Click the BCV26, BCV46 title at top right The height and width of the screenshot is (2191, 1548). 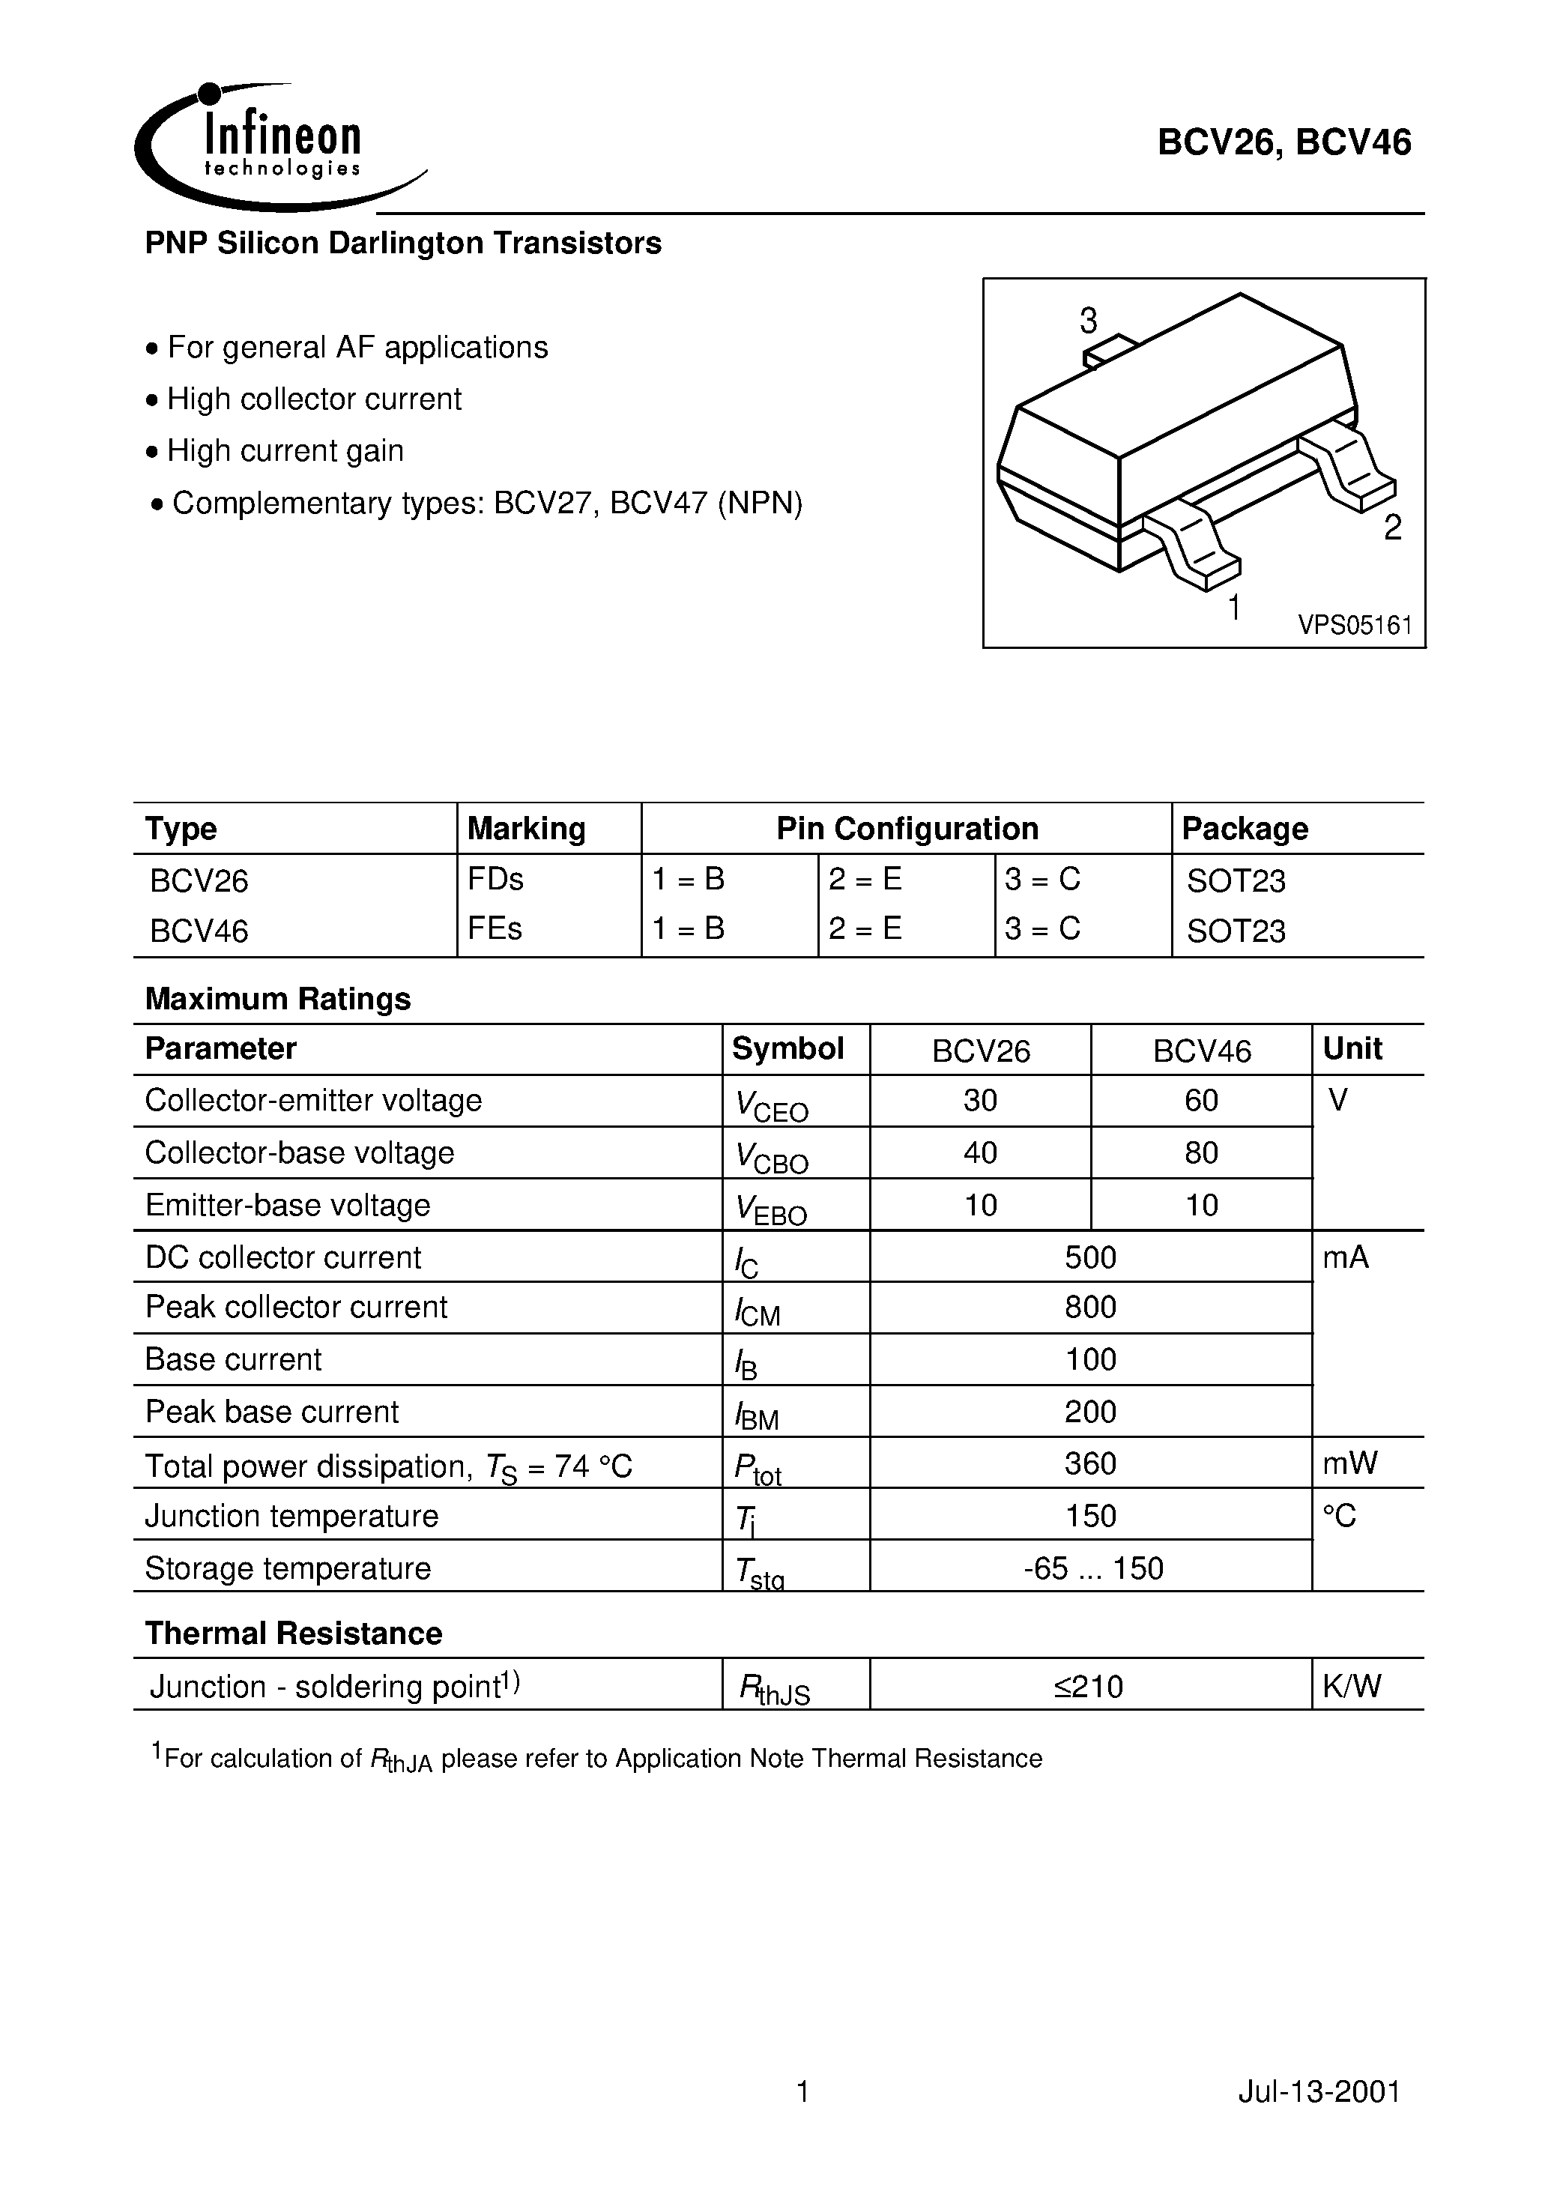tap(1284, 143)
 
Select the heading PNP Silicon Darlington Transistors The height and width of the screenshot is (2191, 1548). tap(403, 244)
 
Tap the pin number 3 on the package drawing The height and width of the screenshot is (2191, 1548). tap(1088, 321)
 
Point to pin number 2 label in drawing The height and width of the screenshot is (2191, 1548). tap(1392, 528)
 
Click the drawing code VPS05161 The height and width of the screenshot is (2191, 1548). tap(1354, 625)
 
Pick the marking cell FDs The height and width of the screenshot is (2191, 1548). tap(495, 879)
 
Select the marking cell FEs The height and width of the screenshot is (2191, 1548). tap(495, 928)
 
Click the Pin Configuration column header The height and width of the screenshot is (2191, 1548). tap(907, 828)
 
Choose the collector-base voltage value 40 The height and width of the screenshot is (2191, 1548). tap(980, 1152)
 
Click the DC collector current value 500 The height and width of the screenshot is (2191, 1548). tap(1090, 1257)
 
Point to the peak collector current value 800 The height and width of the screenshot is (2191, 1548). tap(1090, 1308)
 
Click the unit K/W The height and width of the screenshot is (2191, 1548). tap(1352, 1687)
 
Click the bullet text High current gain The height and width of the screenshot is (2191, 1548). tap(285, 450)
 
